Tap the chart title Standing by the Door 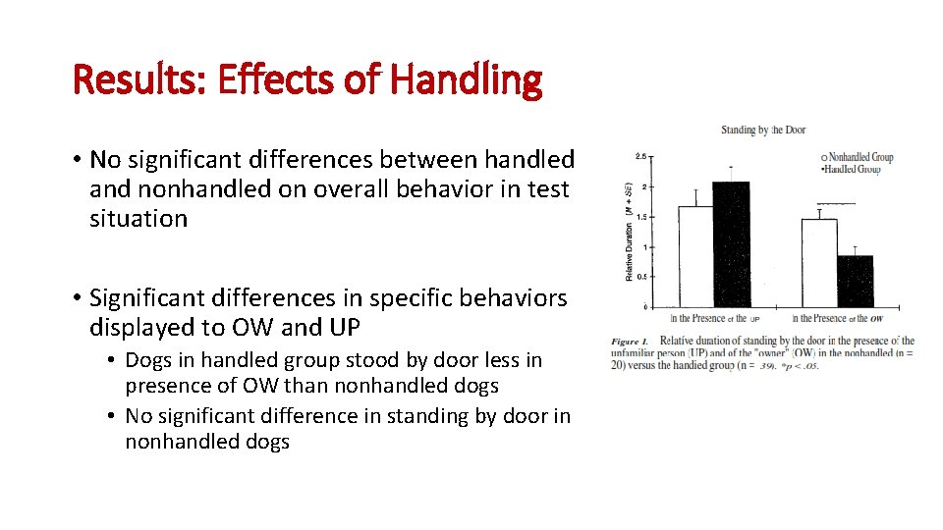tap(763, 130)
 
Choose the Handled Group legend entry tap(855, 169)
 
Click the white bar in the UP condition tap(695, 256)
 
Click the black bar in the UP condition tap(731, 244)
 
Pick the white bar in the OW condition tap(819, 262)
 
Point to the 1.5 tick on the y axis tap(641, 217)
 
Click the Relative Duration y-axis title tap(629, 231)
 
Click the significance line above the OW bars tap(836, 203)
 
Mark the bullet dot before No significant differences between tap(76, 159)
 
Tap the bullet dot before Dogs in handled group tap(114, 361)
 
